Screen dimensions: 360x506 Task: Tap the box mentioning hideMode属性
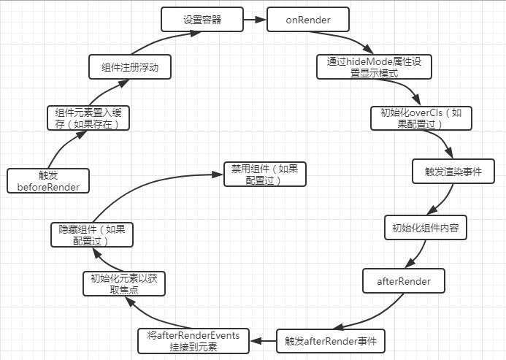click(369, 66)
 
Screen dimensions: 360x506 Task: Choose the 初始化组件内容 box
click(425, 227)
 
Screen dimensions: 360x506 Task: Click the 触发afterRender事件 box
click(330, 340)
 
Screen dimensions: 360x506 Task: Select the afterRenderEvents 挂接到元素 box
click(193, 340)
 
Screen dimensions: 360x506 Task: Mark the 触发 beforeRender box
click(47, 180)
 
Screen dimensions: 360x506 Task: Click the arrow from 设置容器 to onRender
click(253, 20)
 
